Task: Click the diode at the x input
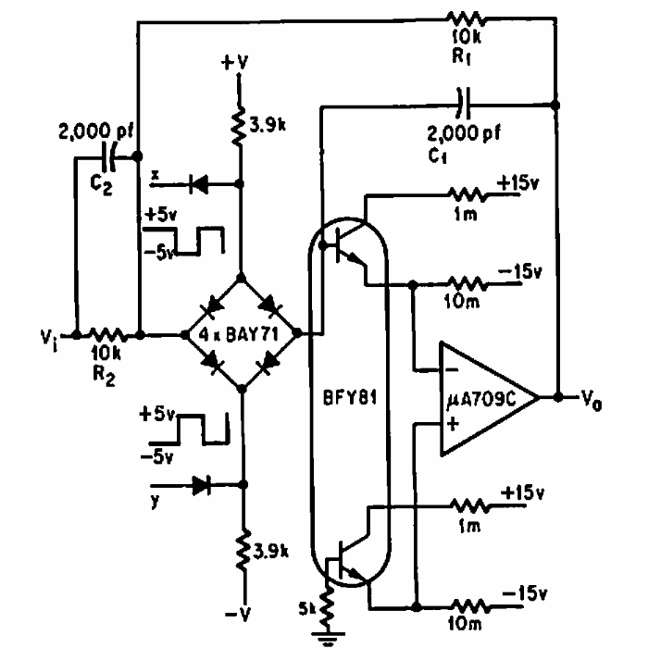(x=196, y=184)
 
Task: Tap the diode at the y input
(x=200, y=483)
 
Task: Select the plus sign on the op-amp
(x=452, y=426)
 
